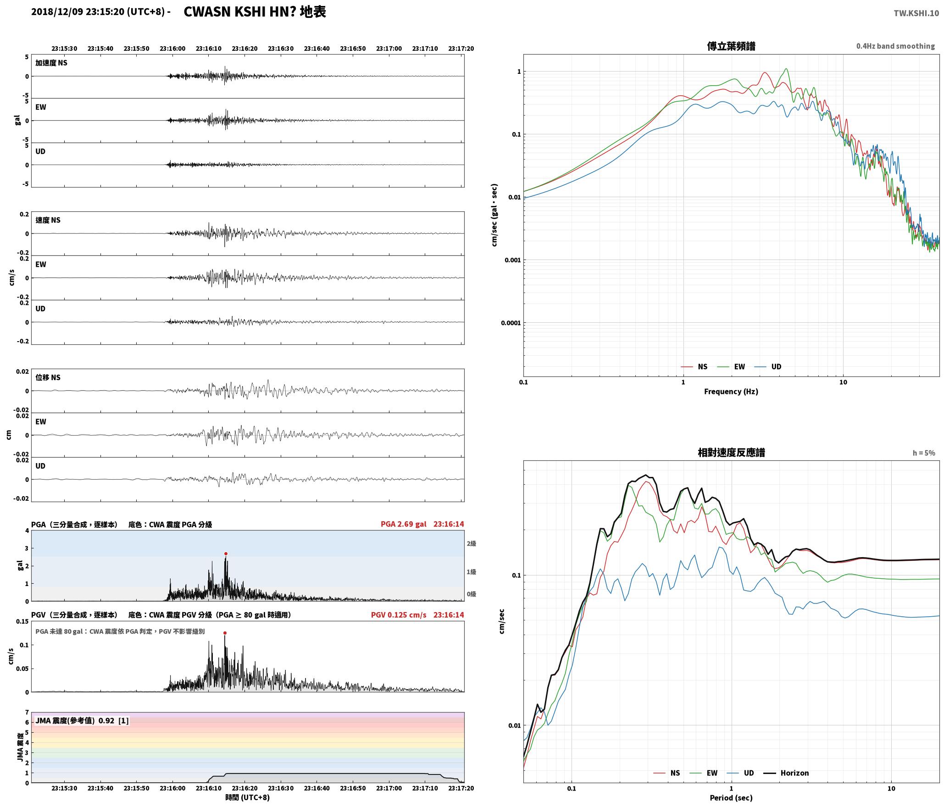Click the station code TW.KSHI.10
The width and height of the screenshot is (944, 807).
(916, 13)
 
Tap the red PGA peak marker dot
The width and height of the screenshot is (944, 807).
(226, 553)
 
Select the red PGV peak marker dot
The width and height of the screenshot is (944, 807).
(225, 633)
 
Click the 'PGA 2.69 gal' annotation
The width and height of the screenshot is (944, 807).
(403, 524)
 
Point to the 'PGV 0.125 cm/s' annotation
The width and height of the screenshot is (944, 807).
(398, 614)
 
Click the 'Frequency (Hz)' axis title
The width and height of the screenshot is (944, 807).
(731, 391)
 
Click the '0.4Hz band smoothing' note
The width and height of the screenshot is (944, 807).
(895, 46)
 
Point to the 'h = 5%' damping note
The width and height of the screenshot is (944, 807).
(924, 453)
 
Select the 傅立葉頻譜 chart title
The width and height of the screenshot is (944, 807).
(731, 46)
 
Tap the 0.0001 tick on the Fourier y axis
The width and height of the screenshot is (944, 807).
(511, 323)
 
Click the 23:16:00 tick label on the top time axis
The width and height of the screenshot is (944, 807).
(172, 48)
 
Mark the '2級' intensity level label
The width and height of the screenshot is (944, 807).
(471, 543)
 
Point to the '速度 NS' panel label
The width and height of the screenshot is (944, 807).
(48, 220)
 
